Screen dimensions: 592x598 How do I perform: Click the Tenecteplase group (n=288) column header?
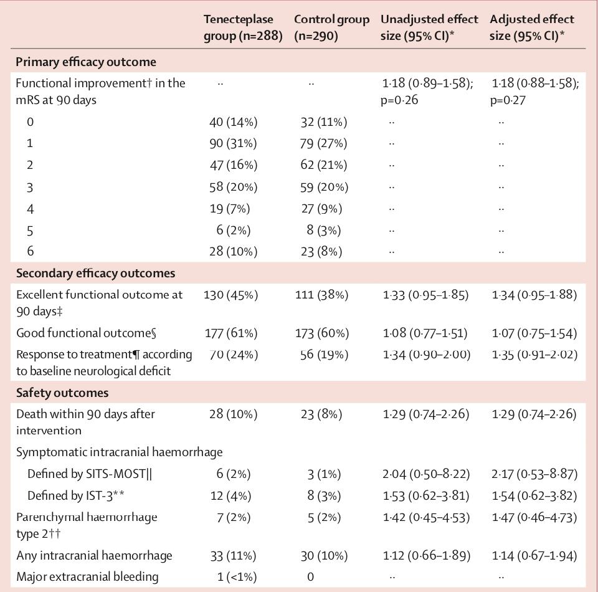(243, 28)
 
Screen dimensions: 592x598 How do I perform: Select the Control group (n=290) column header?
(331, 28)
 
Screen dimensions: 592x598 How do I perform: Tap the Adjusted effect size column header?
(532, 28)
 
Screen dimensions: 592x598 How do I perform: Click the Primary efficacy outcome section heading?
(86, 62)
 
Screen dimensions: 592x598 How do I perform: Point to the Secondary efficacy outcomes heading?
(95, 273)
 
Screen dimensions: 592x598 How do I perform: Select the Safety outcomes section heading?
(62, 393)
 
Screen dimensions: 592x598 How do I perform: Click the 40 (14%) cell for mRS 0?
(233, 122)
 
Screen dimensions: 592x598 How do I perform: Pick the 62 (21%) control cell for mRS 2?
(321, 165)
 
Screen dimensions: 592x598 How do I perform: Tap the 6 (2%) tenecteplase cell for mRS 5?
(233, 231)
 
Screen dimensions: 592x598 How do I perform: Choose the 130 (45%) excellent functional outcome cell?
(230, 294)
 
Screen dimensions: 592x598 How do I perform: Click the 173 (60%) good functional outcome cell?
(321, 333)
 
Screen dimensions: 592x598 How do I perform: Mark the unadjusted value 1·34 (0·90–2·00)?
(426, 355)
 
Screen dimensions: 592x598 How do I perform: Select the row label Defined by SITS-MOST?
(90, 474)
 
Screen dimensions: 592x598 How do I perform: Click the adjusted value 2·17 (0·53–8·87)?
(534, 474)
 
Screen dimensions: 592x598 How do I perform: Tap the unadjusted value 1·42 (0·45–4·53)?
(426, 517)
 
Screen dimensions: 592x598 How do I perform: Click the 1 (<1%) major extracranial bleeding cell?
(237, 577)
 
